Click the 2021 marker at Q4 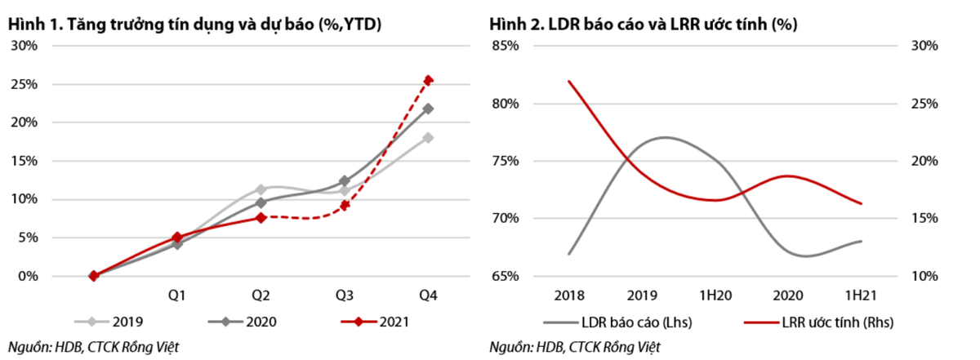428,80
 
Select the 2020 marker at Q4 428,109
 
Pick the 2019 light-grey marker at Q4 428,138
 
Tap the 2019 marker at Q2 261,189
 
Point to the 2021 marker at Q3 345,205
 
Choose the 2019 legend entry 114,322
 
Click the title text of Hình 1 196,24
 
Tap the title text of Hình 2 643,24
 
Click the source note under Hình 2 575,348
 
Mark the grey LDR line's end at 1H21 862,241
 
